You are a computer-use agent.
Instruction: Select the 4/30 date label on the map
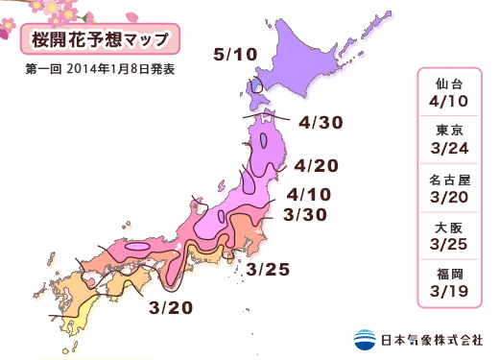(321, 123)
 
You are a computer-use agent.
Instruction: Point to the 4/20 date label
(316, 164)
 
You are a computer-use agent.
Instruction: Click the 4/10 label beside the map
(308, 194)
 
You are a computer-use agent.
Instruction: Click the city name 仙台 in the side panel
(449, 83)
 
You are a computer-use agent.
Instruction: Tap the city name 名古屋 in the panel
(449, 180)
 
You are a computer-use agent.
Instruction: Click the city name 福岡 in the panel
(449, 276)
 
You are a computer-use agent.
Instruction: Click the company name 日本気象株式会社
(429, 339)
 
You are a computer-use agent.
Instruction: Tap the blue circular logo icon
(364, 339)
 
